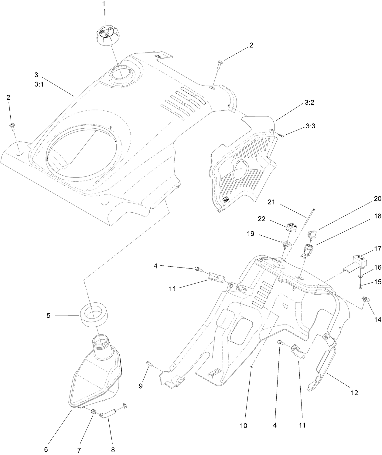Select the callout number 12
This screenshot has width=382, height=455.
pyautogui.click(x=354, y=393)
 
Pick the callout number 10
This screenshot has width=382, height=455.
pyautogui.click(x=244, y=426)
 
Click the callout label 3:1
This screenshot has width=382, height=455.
pyautogui.click(x=39, y=85)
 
